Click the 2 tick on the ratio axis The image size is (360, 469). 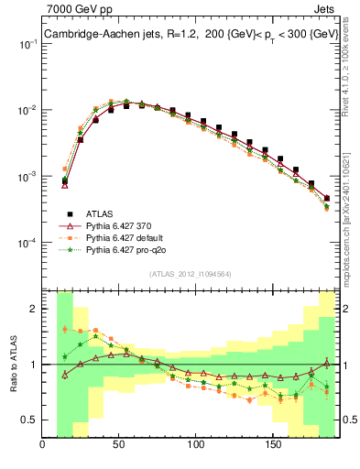tap(34, 309)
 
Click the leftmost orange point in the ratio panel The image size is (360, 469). tap(65, 329)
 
